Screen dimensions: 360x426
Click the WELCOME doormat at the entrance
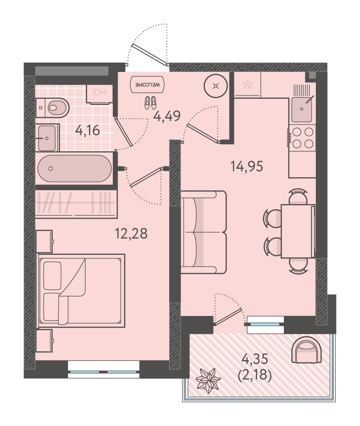coord(148,85)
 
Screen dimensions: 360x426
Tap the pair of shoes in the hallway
coord(150,103)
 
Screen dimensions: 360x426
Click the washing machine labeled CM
coord(100,94)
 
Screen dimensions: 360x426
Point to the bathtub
coord(74,168)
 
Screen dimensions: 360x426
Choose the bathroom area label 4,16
coord(88,131)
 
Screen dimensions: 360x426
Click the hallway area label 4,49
coord(167,116)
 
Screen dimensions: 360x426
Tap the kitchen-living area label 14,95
coord(247,166)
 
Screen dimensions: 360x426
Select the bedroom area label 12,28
coord(131,233)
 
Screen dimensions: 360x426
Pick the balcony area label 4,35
coord(255,359)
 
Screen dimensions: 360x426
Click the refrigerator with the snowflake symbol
coord(247,84)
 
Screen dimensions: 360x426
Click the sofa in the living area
coord(203,232)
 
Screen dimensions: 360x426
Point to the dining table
coord(298,231)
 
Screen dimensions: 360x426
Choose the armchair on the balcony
coord(306,350)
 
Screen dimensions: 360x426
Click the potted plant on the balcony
coord(207,380)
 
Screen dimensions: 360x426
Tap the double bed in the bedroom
coord(81,291)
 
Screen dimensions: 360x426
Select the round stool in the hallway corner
coord(216,86)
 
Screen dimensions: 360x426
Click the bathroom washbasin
coord(47,138)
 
